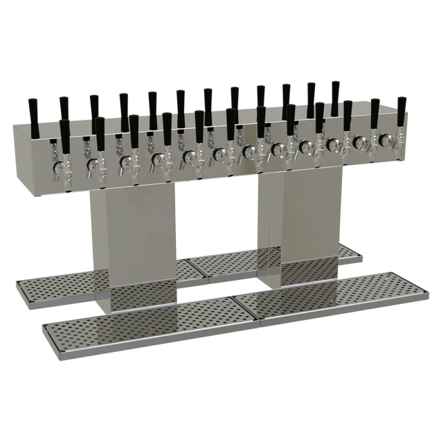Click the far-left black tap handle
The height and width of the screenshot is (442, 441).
tap(32, 111)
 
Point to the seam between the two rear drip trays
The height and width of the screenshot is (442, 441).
tap(187, 263)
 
